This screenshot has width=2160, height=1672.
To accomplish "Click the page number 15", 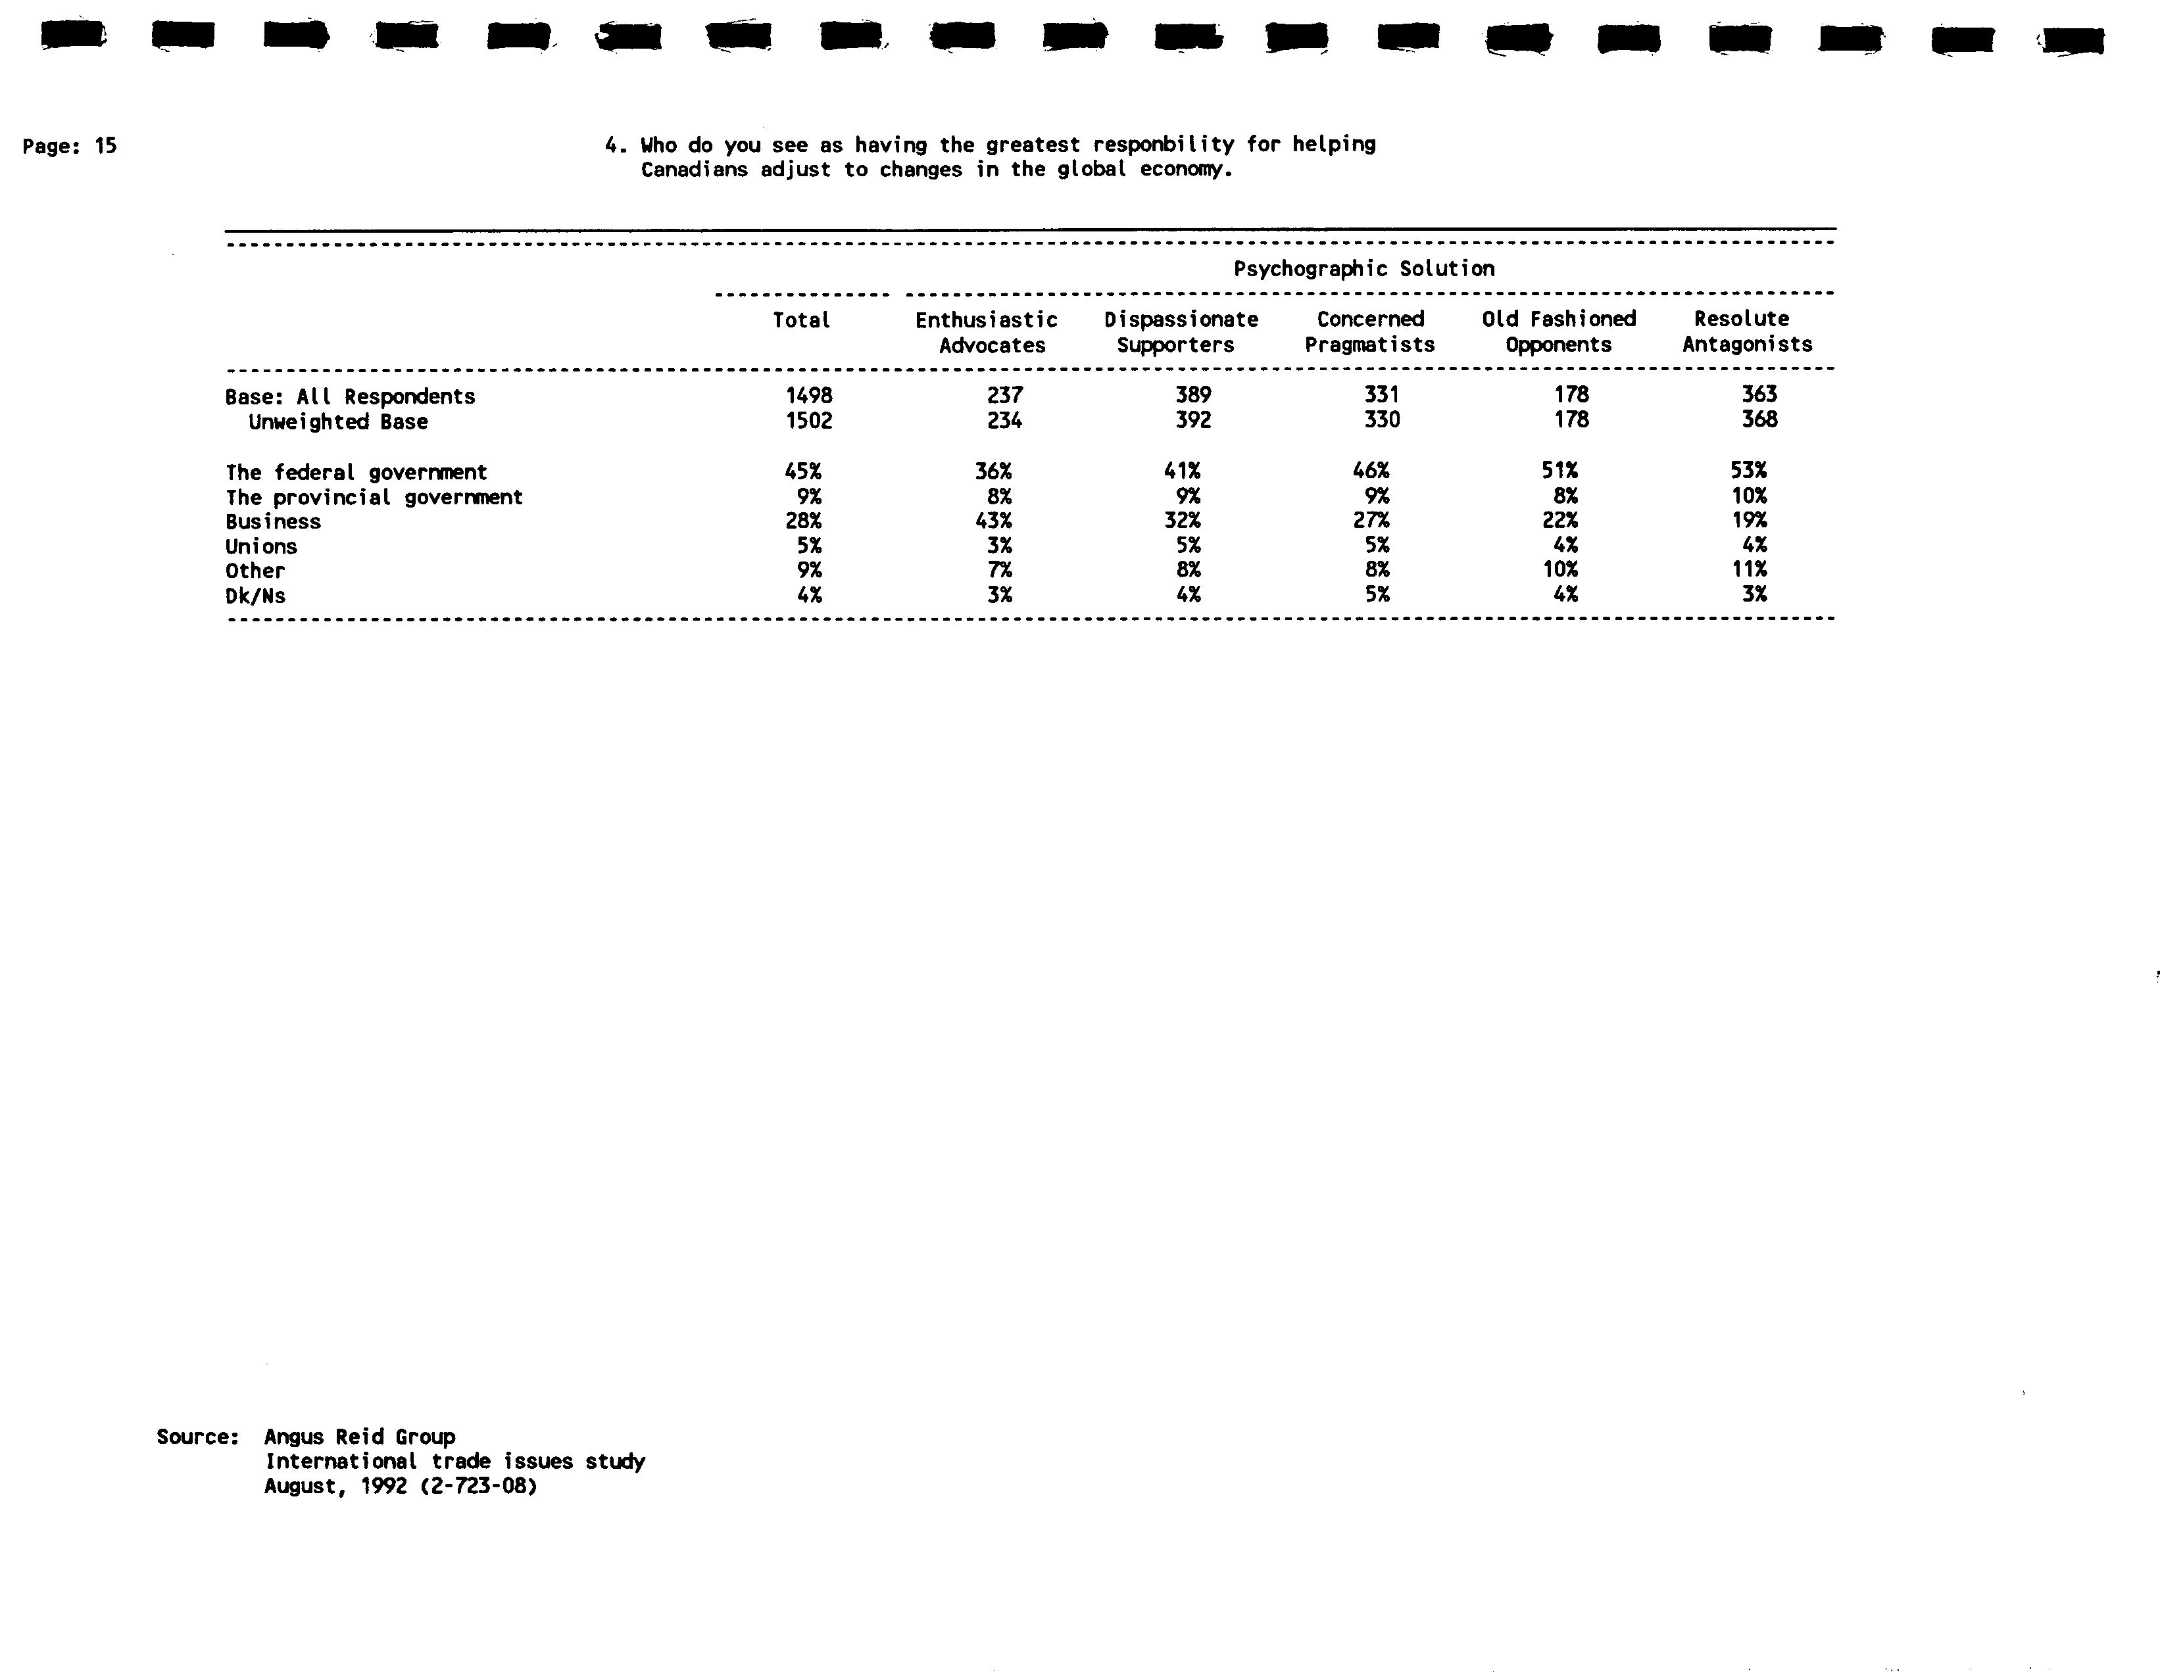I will pyautogui.click(x=106, y=147).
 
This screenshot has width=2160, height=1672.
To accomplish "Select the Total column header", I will pyautogui.click(x=801, y=320).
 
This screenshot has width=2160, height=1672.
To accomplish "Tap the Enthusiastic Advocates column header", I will pyautogui.click(x=988, y=332).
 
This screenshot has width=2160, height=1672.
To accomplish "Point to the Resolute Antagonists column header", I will pyautogui.click(x=1746, y=332).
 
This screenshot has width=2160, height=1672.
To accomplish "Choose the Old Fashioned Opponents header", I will pyautogui.click(x=1559, y=332).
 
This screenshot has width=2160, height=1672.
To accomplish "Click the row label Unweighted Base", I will pyautogui.click(x=338, y=422).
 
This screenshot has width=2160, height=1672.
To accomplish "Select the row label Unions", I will pyautogui.click(x=261, y=547).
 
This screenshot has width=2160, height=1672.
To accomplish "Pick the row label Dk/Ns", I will pyautogui.click(x=255, y=596).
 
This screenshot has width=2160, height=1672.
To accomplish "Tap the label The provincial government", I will pyautogui.click(x=374, y=497).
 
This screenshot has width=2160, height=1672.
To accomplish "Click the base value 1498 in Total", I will pyautogui.click(x=809, y=396).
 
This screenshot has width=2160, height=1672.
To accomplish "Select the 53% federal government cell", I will pyautogui.click(x=1748, y=471).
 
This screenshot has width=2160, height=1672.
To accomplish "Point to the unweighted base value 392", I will pyautogui.click(x=1192, y=420).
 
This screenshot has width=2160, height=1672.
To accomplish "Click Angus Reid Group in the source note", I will pyautogui.click(x=360, y=1437).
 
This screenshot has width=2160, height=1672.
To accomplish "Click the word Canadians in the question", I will pyautogui.click(x=695, y=170).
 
